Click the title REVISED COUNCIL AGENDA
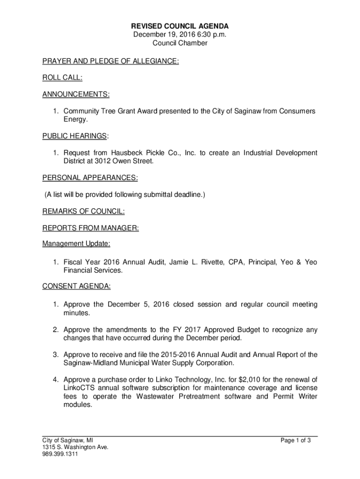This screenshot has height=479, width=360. [x=180, y=26]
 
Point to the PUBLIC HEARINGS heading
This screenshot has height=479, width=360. [x=75, y=136]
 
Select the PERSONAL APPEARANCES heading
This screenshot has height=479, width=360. [x=90, y=178]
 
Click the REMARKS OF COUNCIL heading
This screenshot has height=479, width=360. [x=84, y=211]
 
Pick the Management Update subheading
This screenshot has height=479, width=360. [x=76, y=244]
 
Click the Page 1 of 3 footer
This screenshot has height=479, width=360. [x=295, y=440]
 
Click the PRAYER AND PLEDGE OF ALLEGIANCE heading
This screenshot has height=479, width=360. [x=111, y=61]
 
